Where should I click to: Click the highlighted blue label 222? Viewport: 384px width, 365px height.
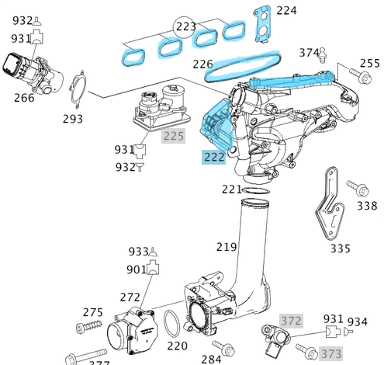point(214,158)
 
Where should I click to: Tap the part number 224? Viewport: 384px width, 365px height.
point(287,11)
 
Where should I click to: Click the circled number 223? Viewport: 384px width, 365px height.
point(185,27)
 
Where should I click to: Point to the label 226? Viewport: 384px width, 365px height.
point(202,64)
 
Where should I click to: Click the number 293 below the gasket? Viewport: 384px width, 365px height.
point(73,120)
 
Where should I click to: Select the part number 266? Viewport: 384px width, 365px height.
point(24,98)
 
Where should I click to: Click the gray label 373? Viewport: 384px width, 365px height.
point(331,353)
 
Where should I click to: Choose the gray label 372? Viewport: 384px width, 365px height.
point(291,321)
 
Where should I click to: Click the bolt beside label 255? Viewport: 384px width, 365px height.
point(360,76)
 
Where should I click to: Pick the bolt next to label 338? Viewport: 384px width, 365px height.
point(357,188)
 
